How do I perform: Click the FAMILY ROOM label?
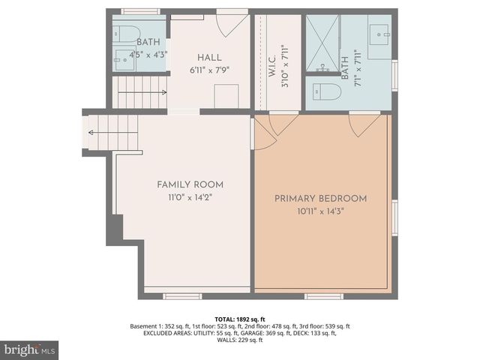coord(190,184)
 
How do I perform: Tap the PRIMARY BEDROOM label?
coord(320,199)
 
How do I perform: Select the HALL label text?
coord(209,58)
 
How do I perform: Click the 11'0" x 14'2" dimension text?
coord(190,197)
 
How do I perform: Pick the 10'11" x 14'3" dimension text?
coord(320,211)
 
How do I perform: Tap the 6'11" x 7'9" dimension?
coord(209,70)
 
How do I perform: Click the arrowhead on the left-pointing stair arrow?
coord(91,133)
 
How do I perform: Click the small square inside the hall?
coord(226,96)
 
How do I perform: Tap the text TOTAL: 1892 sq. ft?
coord(239,318)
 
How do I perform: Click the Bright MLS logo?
coord(29,349)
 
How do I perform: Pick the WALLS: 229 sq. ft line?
coord(239,340)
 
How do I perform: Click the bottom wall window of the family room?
coord(182,295)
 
